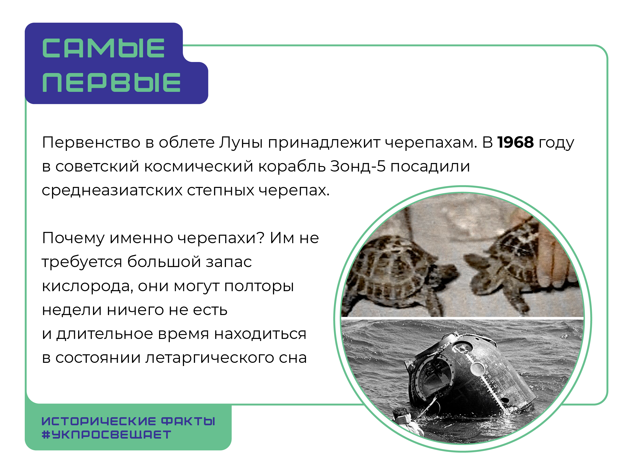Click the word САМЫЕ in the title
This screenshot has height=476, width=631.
[x=103, y=48]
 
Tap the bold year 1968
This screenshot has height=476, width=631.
[x=515, y=142]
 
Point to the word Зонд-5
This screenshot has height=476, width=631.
[x=358, y=166]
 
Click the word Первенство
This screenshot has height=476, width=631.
[x=91, y=142]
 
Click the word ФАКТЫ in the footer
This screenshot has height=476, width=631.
[x=188, y=421]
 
